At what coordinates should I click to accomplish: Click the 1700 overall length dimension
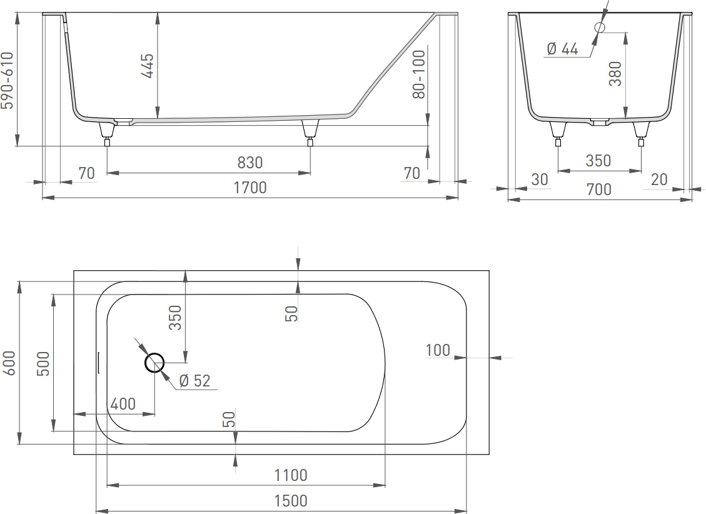coord(250,187)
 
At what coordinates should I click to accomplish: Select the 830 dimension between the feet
coord(250,163)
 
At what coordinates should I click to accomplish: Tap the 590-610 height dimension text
coord(8,81)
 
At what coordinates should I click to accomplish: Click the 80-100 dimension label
coord(419,74)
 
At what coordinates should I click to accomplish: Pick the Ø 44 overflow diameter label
coord(562,49)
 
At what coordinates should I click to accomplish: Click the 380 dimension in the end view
coord(615,74)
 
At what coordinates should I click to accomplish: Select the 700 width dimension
coord(599,189)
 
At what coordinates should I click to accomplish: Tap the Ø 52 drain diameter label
coord(194,381)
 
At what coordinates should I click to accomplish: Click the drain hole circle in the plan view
coord(154,363)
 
